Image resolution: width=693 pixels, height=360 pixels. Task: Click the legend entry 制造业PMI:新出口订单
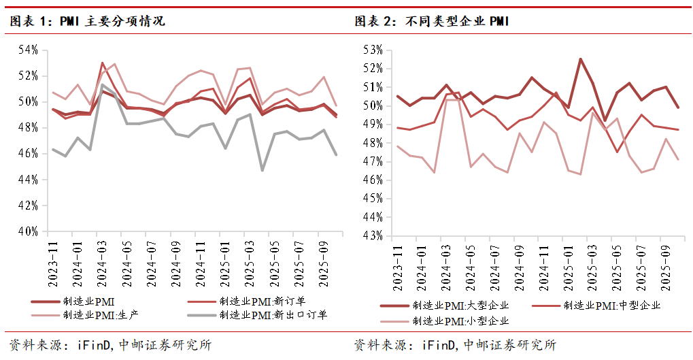click(272, 315)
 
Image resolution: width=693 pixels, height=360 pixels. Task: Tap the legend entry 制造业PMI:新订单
click(262, 301)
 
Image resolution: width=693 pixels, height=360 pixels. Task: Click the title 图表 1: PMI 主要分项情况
click(87, 21)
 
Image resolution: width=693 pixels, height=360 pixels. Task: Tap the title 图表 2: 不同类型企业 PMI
click(433, 21)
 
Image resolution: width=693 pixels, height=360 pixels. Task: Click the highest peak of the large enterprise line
click(580, 59)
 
